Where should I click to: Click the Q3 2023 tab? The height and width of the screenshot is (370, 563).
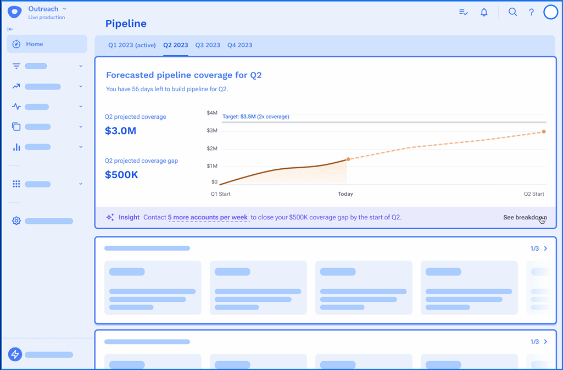[x=208, y=45]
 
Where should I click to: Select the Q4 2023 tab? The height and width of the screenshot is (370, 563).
[x=240, y=45]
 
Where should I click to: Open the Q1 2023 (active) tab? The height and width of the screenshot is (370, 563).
[x=132, y=45]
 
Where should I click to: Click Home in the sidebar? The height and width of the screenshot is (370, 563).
[x=34, y=44]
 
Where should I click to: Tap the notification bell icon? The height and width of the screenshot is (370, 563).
[x=484, y=12]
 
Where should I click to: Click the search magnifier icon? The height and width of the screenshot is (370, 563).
[x=512, y=12]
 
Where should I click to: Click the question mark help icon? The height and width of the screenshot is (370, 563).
[x=531, y=12]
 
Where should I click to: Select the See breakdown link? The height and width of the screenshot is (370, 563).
[x=525, y=217]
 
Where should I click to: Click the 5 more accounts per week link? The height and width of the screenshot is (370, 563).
[x=208, y=217]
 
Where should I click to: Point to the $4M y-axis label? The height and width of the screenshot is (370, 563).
[x=212, y=113]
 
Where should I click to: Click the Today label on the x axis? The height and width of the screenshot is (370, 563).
[x=345, y=194]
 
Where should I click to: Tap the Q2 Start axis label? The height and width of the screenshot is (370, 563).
[x=533, y=194]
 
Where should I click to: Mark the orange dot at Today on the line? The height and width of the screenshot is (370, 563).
[x=348, y=159]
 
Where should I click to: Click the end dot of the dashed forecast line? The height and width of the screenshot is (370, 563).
[x=544, y=132]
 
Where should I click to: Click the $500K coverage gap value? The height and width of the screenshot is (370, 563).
[x=121, y=175]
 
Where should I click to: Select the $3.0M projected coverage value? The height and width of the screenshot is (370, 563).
[x=121, y=131]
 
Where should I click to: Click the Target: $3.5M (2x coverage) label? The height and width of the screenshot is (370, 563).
[x=256, y=117]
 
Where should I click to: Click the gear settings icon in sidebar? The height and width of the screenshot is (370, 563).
[x=16, y=221]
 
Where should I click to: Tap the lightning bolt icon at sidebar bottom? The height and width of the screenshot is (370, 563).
[x=15, y=355]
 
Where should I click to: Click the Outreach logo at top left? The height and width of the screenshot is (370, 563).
[x=15, y=12]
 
